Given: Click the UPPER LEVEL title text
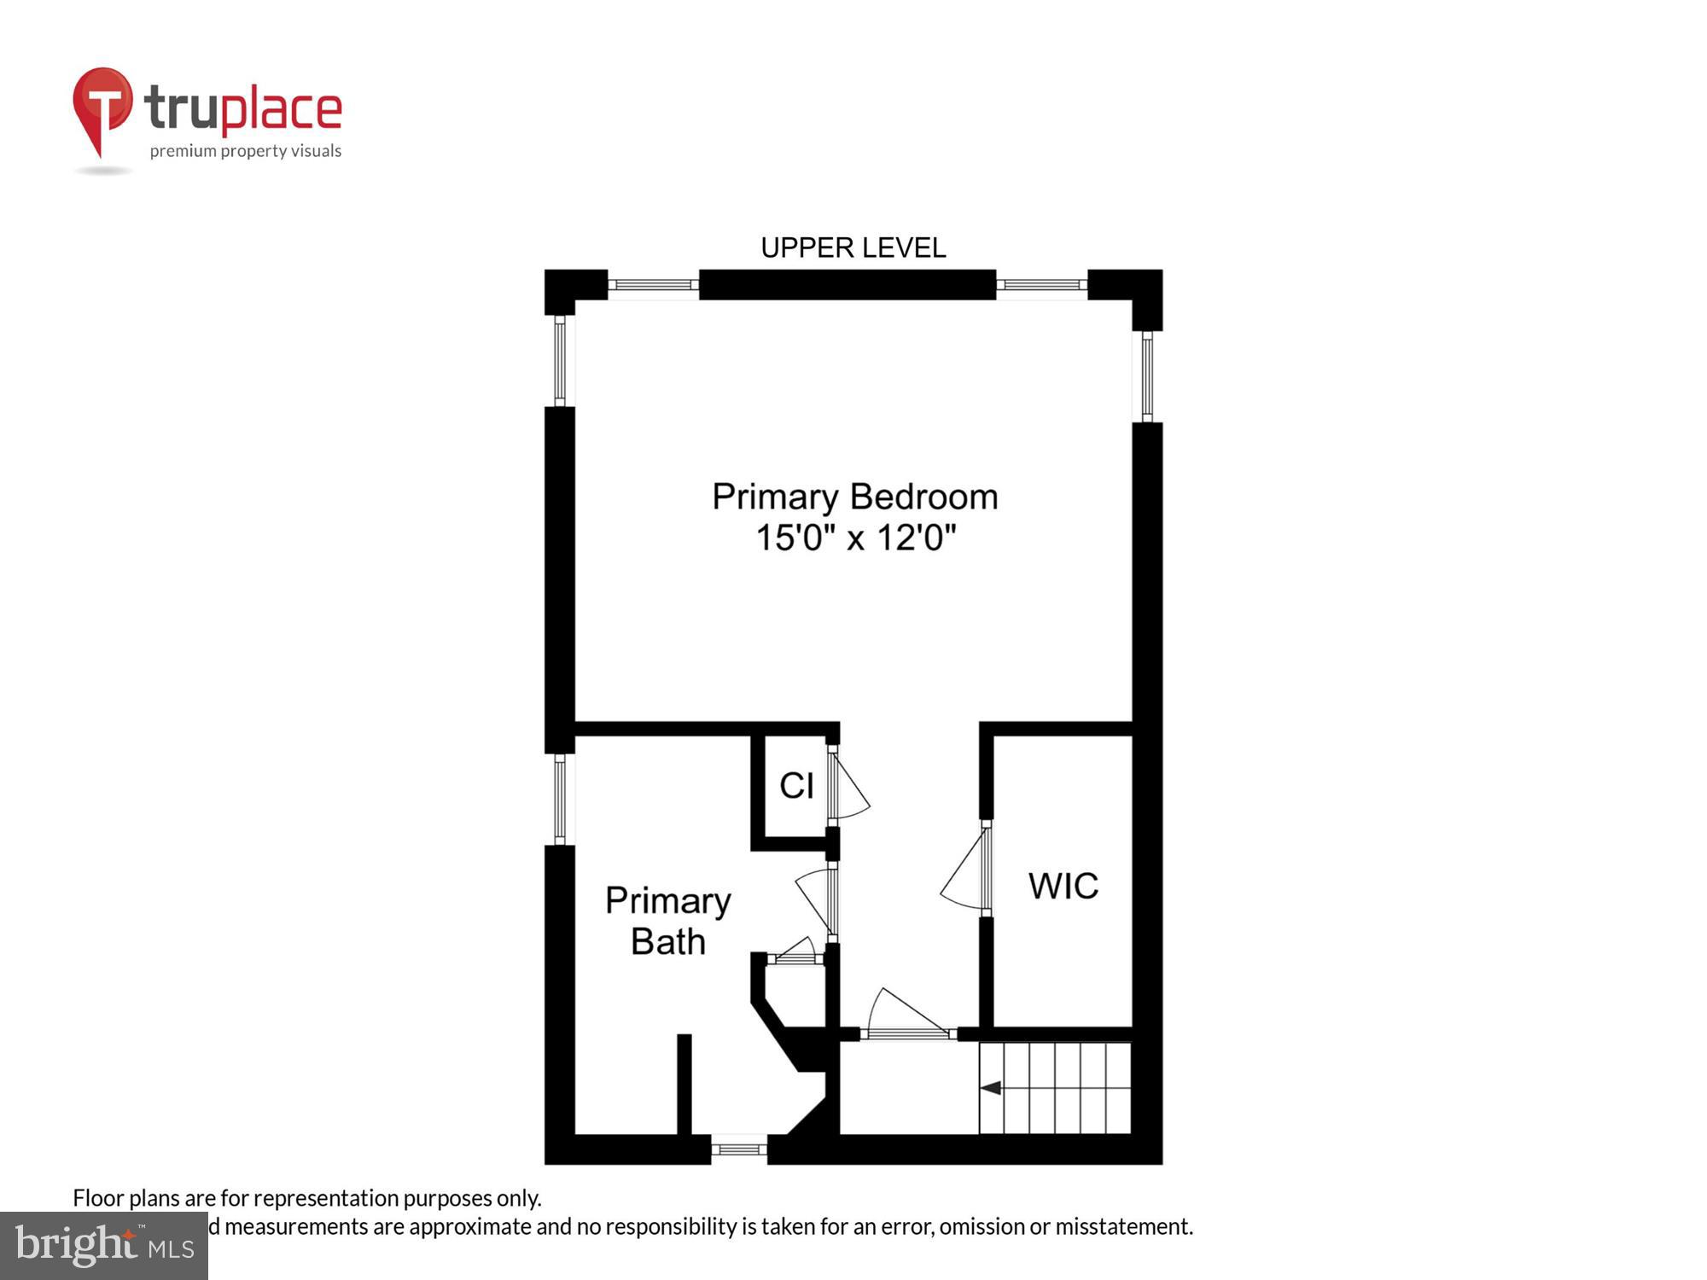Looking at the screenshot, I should (853, 248).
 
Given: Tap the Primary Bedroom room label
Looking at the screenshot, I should (854, 497).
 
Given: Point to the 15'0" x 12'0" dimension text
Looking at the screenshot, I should (855, 538).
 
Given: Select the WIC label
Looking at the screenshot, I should (1063, 887).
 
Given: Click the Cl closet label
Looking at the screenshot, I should (796, 786).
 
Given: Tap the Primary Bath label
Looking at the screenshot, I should (668, 922).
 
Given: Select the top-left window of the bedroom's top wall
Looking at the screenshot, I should (653, 285).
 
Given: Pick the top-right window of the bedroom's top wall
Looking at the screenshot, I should (1041, 285).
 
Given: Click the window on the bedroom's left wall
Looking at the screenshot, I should (560, 360).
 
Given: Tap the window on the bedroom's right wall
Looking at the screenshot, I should (1147, 376).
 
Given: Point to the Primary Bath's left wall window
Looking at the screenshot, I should (560, 799).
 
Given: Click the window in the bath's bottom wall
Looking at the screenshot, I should (739, 1149).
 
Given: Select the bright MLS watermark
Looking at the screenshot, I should (104, 1246).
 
